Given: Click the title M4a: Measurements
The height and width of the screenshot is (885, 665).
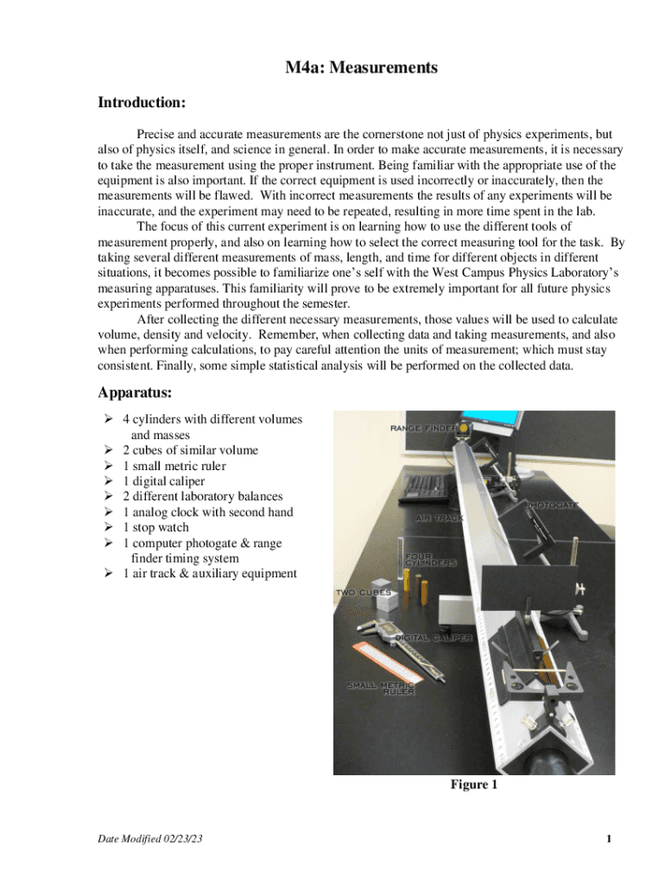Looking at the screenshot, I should click(x=362, y=67).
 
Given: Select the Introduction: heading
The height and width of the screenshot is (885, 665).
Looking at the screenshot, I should click(x=142, y=103).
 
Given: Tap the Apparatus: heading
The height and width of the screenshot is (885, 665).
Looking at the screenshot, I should click(x=135, y=393).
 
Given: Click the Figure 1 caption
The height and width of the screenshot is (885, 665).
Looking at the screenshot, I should click(x=473, y=785).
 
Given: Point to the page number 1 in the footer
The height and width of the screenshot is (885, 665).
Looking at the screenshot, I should click(x=609, y=839).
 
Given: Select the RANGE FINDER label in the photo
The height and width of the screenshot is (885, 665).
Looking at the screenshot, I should click(x=422, y=428).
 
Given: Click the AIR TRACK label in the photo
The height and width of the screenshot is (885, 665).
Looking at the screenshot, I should click(x=440, y=518).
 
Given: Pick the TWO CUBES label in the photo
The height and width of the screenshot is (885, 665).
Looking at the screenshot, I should click(x=364, y=593).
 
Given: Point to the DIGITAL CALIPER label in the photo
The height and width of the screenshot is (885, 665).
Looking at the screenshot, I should click(x=434, y=637).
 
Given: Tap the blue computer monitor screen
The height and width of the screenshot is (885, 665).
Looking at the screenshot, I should click(x=501, y=419).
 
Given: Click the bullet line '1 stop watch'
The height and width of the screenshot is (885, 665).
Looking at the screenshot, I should click(x=155, y=527).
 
